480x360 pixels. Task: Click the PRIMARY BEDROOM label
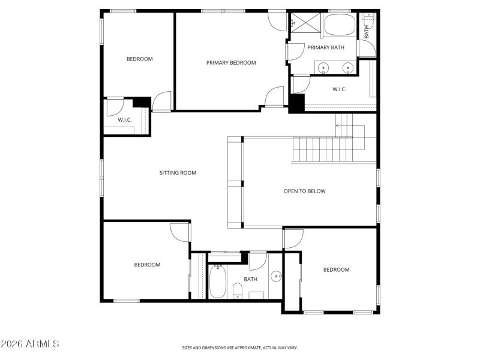pyautogui.click(x=231, y=62)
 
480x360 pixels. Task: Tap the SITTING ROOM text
pyautogui.click(x=178, y=173)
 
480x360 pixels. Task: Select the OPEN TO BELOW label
pyautogui.click(x=304, y=191)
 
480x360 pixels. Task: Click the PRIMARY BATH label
pyautogui.click(x=326, y=47)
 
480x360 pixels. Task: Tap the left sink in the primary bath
pyautogui.click(x=323, y=67)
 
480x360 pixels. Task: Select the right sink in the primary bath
pyautogui.click(x=347, y=67)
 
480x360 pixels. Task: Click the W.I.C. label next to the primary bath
pyautogui.click(x=339, y=89)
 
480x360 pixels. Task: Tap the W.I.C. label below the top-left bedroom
pyautogui.click(x=125, y=120)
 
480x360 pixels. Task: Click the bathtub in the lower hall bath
pyautogui.click(x=218, y=282)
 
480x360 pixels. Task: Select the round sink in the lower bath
pyautogui.click(x=276, y=277)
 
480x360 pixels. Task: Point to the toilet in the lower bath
pyautogui.click(x=238, y=292)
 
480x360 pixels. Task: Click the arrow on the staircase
pyautogui.click(x=338, y=125)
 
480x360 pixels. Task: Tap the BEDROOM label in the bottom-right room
pyautogui.click(x=336, y=269)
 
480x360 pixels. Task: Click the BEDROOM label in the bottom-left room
pyautogui.click(x=147, y=265)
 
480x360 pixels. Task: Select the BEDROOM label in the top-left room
pyautogui.click(x=139, y=59)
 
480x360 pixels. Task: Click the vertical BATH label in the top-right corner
pyautogui.click(x=367, y=31)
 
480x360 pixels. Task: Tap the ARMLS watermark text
pyautogui.click(x=30, y=344)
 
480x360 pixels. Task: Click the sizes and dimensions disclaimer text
pyautogui.click(x=239, y=347)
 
